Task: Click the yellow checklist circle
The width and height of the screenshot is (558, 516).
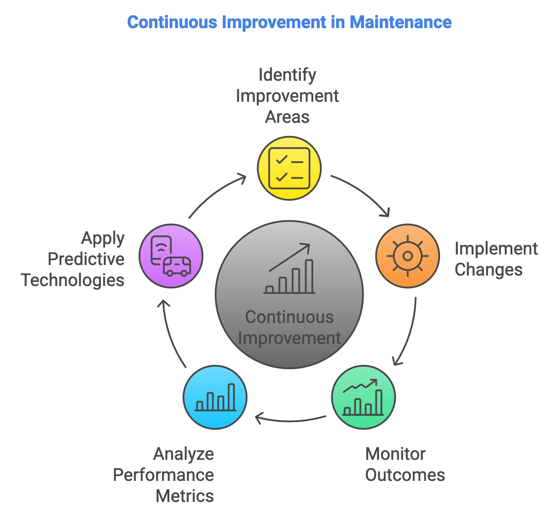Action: (289, 168)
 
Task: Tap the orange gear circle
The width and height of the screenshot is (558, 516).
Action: (408, 256)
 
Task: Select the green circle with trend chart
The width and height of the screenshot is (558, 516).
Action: (363, 398)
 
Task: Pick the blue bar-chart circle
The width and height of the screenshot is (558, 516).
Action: (215, 398)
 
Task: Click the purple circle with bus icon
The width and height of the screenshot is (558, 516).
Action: (171, 256)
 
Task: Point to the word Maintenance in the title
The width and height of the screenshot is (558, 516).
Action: (401, 22)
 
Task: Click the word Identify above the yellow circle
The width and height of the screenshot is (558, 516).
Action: (287, 75)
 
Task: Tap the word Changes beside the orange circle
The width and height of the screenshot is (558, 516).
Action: (488, 269)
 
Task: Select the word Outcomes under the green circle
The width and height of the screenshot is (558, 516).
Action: (405, 475)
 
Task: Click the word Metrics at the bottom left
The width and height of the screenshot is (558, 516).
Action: (185, 496)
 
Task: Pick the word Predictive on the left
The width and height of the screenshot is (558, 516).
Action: (86, 259)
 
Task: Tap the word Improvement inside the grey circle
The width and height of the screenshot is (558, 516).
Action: (289, 338)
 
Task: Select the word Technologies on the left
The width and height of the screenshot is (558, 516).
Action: (73, 280)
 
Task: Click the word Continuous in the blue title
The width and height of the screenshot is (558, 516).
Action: (172, 22)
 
